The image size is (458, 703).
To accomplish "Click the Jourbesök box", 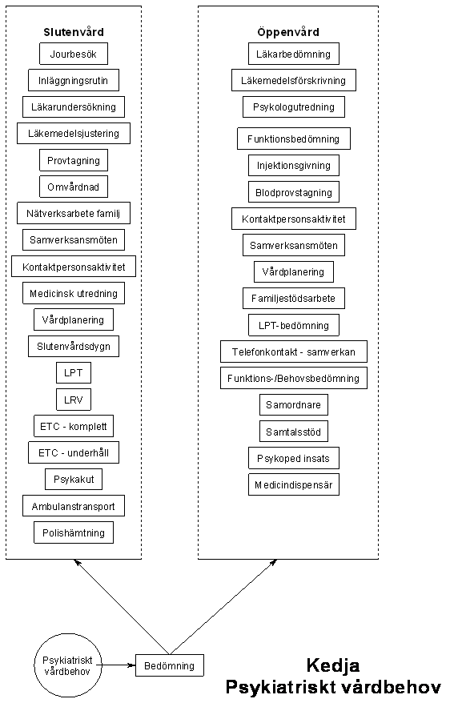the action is coord(74,54).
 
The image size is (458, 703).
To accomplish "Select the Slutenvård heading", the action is coord(74,32).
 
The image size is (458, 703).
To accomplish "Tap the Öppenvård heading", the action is coord(288,32).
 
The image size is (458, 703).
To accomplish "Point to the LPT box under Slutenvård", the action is coord(74,372).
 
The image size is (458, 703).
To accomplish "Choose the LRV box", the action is coord(74,399).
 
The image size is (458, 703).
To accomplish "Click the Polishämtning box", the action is coord(74,532).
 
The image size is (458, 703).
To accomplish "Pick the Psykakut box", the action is coord(74,479).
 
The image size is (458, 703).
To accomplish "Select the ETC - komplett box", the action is coord(74,426).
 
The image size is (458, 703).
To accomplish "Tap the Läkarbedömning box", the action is coord(294,54).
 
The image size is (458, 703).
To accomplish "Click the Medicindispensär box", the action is coord(294,484).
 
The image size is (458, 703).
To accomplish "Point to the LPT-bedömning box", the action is coord(294,325).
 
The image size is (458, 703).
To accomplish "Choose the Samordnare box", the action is coord(294,404).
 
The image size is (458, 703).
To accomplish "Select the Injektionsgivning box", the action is coord(294,165).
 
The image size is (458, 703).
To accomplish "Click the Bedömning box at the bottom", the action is coord(170,665).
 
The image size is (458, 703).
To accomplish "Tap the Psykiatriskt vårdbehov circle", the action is coord(68,665).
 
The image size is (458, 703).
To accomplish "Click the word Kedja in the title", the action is coord(333,665).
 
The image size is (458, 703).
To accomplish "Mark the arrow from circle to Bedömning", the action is coord(119,665).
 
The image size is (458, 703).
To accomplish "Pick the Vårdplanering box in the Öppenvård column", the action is coord(294,271).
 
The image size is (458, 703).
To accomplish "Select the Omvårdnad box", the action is coord(74,187).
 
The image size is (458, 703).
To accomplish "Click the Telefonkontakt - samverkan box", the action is coord(294,351).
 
